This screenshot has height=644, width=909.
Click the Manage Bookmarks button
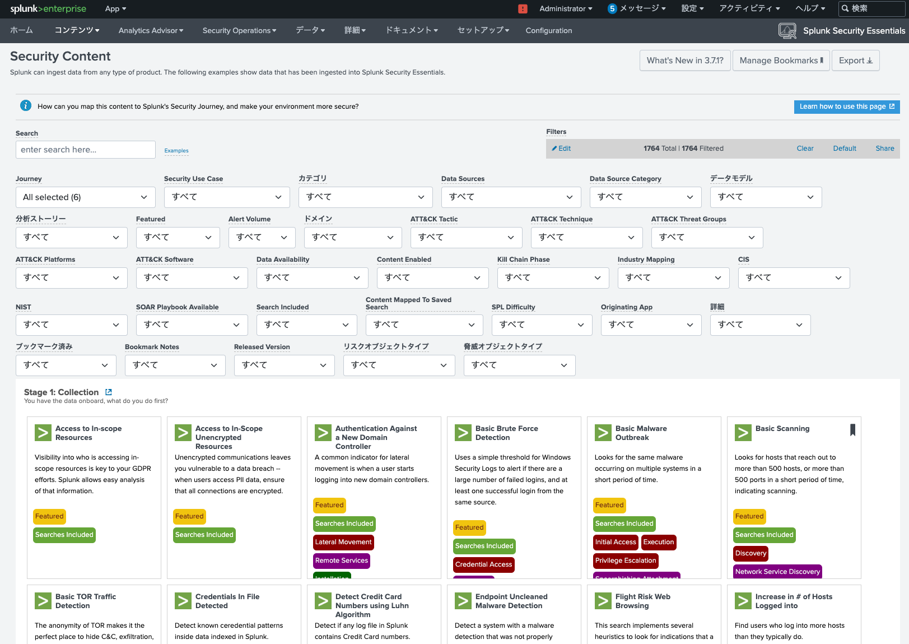(x=781, y=61)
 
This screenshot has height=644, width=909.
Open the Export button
(x=855, y=61)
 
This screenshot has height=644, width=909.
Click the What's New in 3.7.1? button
(x=685, y=61)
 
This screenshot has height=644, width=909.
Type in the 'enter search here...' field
(x=85, y=150)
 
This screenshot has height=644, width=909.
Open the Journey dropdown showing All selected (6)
(x=85, y=197)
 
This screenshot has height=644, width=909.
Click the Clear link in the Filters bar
(x=805, y=149)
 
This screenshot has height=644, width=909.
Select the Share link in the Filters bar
(x=884, y=149)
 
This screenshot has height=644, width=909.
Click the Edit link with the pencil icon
(x=561, y=149)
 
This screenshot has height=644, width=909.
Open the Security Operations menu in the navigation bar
(x=239, y=31)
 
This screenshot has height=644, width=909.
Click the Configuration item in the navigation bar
(x=548, y=31)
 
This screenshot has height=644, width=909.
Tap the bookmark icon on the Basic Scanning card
(x=852, y=430)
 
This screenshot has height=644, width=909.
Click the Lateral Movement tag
(x=343, y=542)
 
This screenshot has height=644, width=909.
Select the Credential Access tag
(x=483, y=564)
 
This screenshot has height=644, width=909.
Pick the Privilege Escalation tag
(x=625, y=560)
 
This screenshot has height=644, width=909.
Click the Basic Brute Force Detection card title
(x=506, y=433)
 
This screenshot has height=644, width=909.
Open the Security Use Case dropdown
(x=226, y=197)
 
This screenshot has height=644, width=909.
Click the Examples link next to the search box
(x=176, y=151)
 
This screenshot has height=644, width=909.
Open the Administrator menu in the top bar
(x=565, y=8)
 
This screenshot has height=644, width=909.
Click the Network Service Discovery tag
(x=777, y=572)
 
